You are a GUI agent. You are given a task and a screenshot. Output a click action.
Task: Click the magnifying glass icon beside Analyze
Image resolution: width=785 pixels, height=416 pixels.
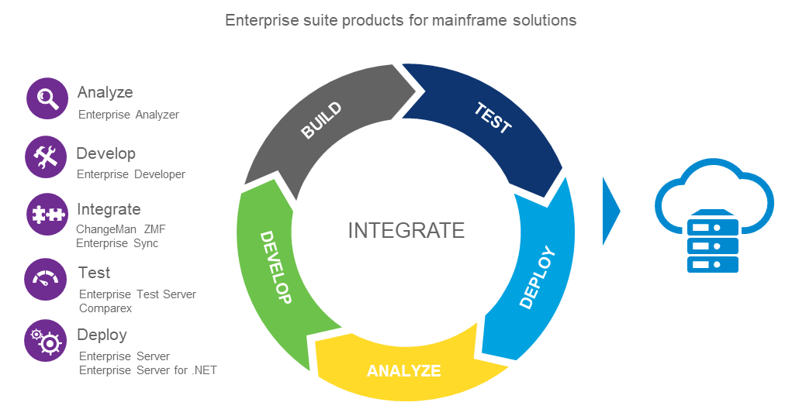pyautogui.click(x=47, y=98)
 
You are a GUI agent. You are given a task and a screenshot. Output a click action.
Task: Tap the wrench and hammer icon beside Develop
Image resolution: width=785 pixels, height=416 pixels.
pyautogui.click(x=47, y=157)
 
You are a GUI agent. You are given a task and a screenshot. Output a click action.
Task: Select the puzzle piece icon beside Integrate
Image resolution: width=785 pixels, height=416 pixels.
pyautogui.click(x=47, y=215)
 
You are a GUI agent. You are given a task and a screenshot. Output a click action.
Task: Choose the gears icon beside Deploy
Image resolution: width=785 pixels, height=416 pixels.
pyautogui.click(x=46, y=340)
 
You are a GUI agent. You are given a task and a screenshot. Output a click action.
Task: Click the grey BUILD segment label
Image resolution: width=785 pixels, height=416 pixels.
pyautogui.click(x=321, y=120)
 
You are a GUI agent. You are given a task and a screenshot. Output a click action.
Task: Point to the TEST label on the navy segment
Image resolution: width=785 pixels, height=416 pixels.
pyautogui.click(x=493, y=118)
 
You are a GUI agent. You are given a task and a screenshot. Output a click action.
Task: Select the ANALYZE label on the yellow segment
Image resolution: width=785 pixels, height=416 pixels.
pyautogui.click(x=403, y=370)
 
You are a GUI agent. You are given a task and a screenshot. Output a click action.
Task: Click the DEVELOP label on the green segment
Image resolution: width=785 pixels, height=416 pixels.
pyautogui.click(x=275, y=267)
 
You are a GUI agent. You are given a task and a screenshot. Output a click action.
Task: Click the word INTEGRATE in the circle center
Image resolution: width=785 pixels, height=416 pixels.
pyautogui.click(x=406, y=230)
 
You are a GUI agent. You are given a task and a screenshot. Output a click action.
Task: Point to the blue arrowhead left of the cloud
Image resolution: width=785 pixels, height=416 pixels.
pyautogui.click(x=611, y=211)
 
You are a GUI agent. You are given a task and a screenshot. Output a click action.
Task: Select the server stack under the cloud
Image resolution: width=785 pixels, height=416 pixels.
pyautogui.click(x=713, y=242)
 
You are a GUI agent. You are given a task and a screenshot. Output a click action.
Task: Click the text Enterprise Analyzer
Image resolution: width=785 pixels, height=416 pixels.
pyautogui.click(x=129, y=115)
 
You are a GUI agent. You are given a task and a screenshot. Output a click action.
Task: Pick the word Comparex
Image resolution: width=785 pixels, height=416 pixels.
pyautogui.click(x=105, y=308)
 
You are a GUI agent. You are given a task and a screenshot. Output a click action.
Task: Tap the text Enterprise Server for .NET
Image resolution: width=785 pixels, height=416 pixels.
pyautogui.click(x=147, y=370)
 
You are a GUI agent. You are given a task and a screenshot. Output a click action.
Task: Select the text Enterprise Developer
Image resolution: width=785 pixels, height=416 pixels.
pyautogui.click(x=131, y=174)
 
